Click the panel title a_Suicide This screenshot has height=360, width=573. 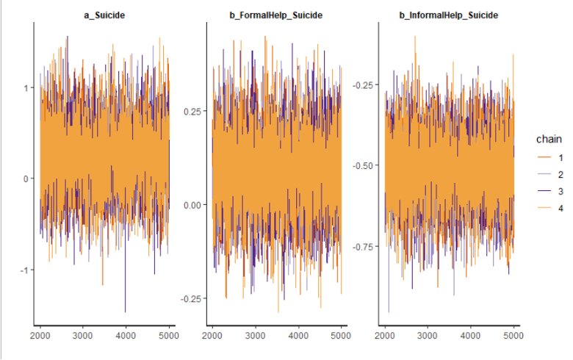[x=104, y=14]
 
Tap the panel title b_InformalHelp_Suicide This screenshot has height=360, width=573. [x=450, y=14]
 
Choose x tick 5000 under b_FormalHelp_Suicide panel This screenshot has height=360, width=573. [x=341, y=335]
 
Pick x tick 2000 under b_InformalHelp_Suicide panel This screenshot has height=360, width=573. [x=384, y=335]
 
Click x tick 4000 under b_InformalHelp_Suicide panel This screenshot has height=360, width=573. [x=470, y=335]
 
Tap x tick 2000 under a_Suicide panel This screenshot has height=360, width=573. [x=40, y=335]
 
